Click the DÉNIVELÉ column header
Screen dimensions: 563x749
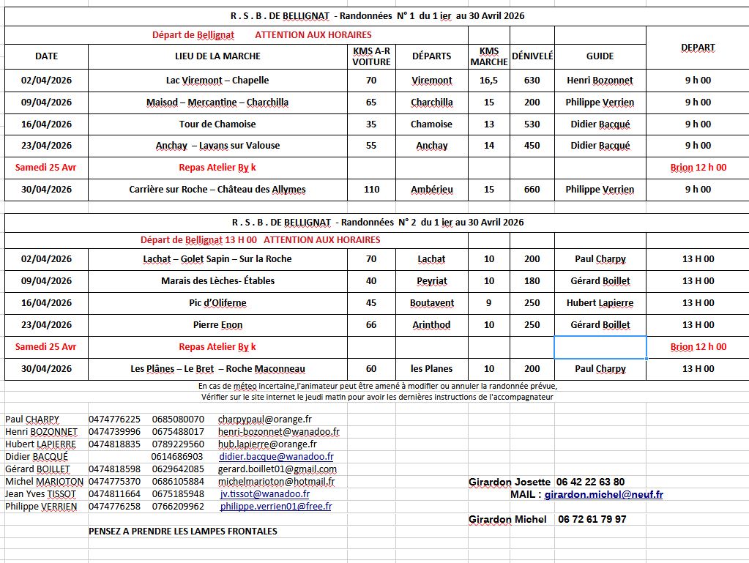[x=532, y=56]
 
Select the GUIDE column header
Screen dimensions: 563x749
[x=600, y=56]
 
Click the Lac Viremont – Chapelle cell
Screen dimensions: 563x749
[x=217, y=81]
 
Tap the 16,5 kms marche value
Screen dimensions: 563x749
[x=488, y=81]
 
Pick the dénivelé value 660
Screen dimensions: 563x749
[x=532, y=190]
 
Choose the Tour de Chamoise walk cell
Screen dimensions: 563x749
[x=217, y=124]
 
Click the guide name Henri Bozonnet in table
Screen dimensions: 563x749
[x=600, y=81]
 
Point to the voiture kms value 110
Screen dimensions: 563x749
[x=371, y=190]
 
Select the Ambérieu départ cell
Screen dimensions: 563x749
[x=431, y=190]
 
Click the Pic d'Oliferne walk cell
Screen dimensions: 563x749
[x=217, y=303]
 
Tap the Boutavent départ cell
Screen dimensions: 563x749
[x=431, y=303]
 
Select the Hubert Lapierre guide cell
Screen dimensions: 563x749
[x=600, y=303]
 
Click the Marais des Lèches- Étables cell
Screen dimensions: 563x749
[x=217, y=281]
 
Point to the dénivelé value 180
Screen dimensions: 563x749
[x=532, y=281]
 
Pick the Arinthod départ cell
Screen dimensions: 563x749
[x=431, y=325]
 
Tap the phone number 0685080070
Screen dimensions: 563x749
[x=178, y=420]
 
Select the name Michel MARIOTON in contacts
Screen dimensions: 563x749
[x=44, y=482]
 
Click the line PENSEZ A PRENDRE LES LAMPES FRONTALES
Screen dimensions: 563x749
[x=183, y=531]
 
